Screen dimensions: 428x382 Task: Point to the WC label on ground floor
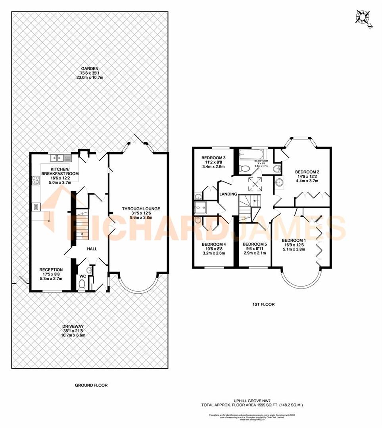coord(82,276)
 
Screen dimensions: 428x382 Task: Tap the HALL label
coord(92,248)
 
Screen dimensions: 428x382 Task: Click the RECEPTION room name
coord(51,270)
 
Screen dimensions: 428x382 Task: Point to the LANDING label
coord(228,194)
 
